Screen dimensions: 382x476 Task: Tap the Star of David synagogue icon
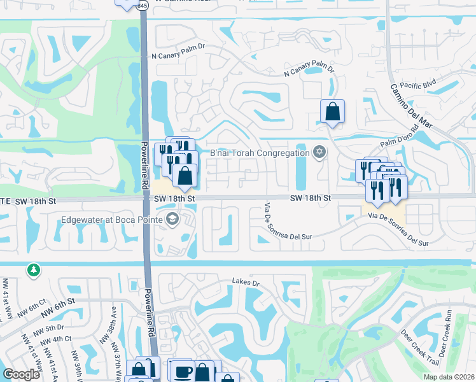(x=319, y=152)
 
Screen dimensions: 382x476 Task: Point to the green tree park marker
(x=32, y=270)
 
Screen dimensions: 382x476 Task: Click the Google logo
(x=21, y=374)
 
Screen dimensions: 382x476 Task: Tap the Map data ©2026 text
(x=449, y=377)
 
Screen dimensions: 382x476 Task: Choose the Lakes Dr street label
(x=246, y=281)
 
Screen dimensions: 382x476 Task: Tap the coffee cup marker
(x=183, y=371)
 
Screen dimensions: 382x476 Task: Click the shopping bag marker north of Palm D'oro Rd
(x=332, y=111)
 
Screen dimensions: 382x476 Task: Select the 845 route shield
(x=143, y=5)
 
